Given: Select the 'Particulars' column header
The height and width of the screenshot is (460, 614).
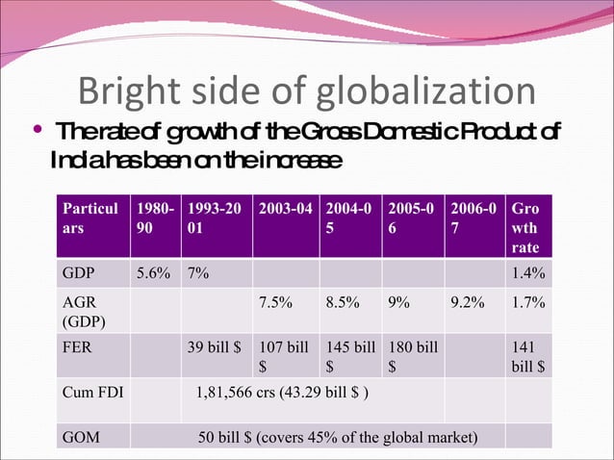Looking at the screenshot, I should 90,217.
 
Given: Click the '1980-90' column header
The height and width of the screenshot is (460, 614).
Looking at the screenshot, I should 155,217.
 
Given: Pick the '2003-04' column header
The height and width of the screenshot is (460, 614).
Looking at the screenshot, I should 286,208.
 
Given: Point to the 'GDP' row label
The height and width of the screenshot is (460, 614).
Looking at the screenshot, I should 79,272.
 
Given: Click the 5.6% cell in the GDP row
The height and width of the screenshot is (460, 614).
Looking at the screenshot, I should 155,272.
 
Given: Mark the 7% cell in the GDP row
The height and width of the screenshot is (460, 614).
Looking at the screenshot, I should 200,272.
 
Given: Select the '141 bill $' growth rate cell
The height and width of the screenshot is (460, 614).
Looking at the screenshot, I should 528,356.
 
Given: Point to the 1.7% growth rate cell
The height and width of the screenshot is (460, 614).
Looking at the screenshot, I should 528,301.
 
